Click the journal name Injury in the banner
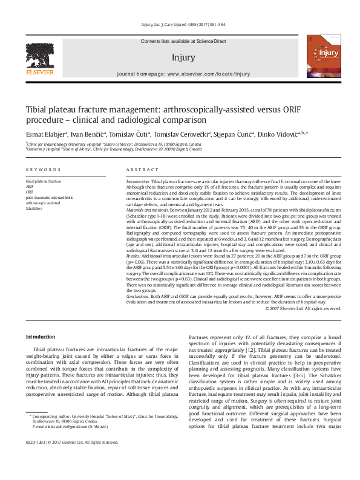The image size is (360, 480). click(183, 58)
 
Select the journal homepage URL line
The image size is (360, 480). click(182, 74)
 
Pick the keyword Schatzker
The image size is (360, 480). click(34, 209)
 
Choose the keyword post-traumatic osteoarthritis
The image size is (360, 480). click(49, 198)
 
